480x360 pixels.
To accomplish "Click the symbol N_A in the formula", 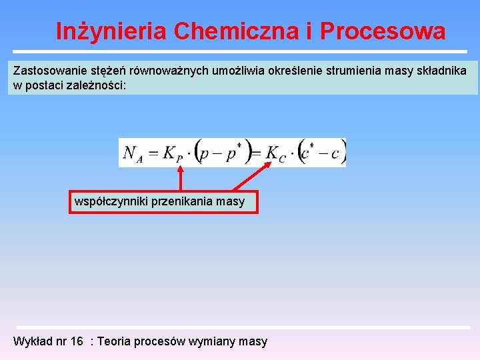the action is coord(133,154).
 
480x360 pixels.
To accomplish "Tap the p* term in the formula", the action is coord(233,153).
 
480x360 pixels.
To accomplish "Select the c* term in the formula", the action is coord(307,153).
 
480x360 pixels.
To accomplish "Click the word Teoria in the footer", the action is coord(114,341).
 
